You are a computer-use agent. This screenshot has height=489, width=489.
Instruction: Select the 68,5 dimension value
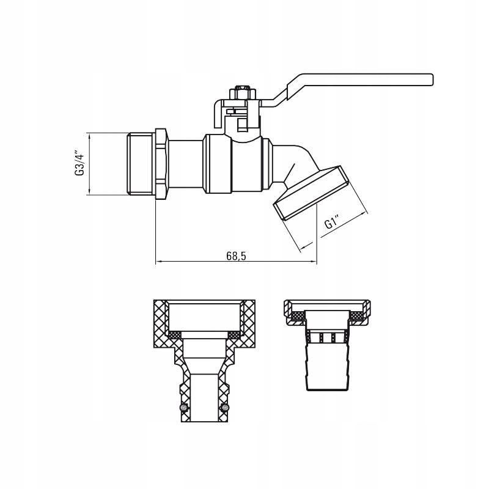point(236,256)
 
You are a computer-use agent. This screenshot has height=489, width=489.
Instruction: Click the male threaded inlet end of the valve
point(141,164)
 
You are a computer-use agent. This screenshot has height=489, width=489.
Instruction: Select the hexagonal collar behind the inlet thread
point(162,164)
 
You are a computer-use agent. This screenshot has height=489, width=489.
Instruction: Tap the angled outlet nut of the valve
point(312,193)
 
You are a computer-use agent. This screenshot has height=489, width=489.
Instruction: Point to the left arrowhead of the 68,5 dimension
point(158,261)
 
